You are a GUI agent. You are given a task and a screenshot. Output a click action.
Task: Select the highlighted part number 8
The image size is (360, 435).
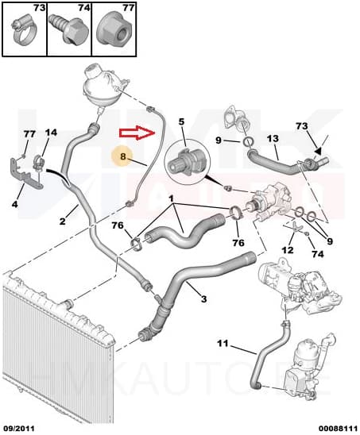point(123,157)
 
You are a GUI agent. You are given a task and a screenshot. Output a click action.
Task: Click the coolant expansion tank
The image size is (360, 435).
point(99,90)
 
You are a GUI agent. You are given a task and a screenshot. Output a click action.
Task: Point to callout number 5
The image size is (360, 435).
point(181,122)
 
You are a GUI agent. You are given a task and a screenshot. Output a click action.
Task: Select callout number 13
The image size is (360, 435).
point(272,139)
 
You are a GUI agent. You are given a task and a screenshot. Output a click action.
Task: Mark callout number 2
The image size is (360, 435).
point(62,221)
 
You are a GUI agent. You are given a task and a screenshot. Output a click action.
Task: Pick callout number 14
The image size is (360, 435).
point(51,133)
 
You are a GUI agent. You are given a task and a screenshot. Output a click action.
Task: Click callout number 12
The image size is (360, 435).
point(288,250)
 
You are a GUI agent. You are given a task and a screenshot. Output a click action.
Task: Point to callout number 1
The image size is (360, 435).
point(172,197)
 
